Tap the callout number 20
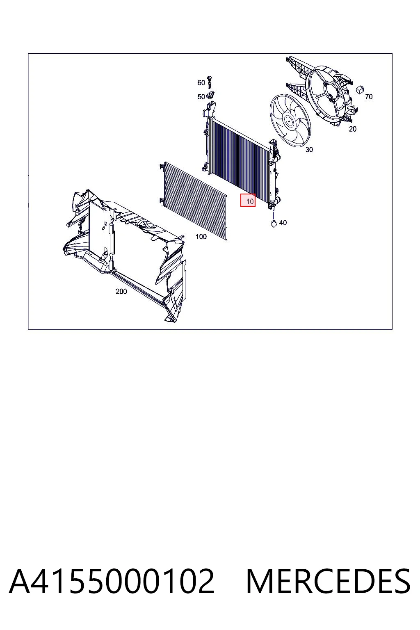(x=352, y=129)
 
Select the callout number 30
(x=309, y=150)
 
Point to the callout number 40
(x=283, y=223)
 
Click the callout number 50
(x=201, y=97)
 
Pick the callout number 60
(x=201, y=83)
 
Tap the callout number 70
(x=369, y=97)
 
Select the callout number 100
(x=201, y=237)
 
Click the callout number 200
(x=121, y=292)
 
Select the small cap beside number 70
(x=360, y=89)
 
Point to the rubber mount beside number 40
(x=274, y=224)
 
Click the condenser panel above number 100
(x=193, y=201)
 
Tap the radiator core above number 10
(x=239, y=157)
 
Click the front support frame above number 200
(x=124, y=253)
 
